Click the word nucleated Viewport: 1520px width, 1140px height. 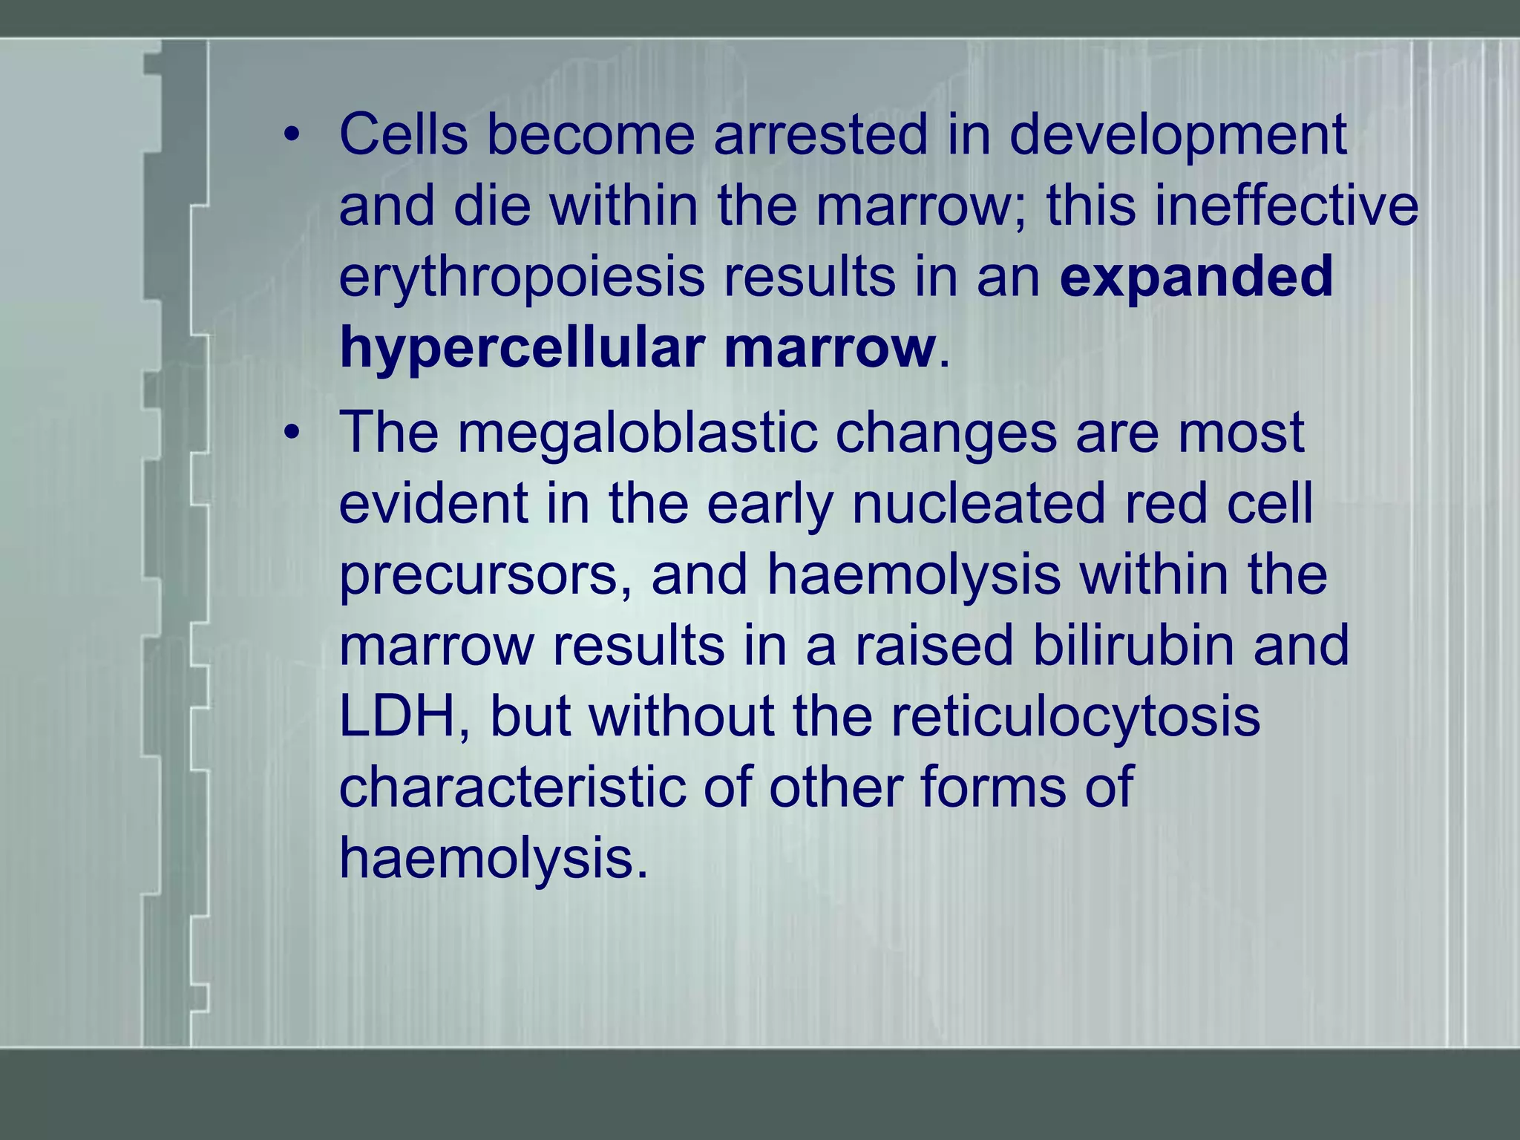(978, 504)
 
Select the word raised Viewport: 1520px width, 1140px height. (934, 645)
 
